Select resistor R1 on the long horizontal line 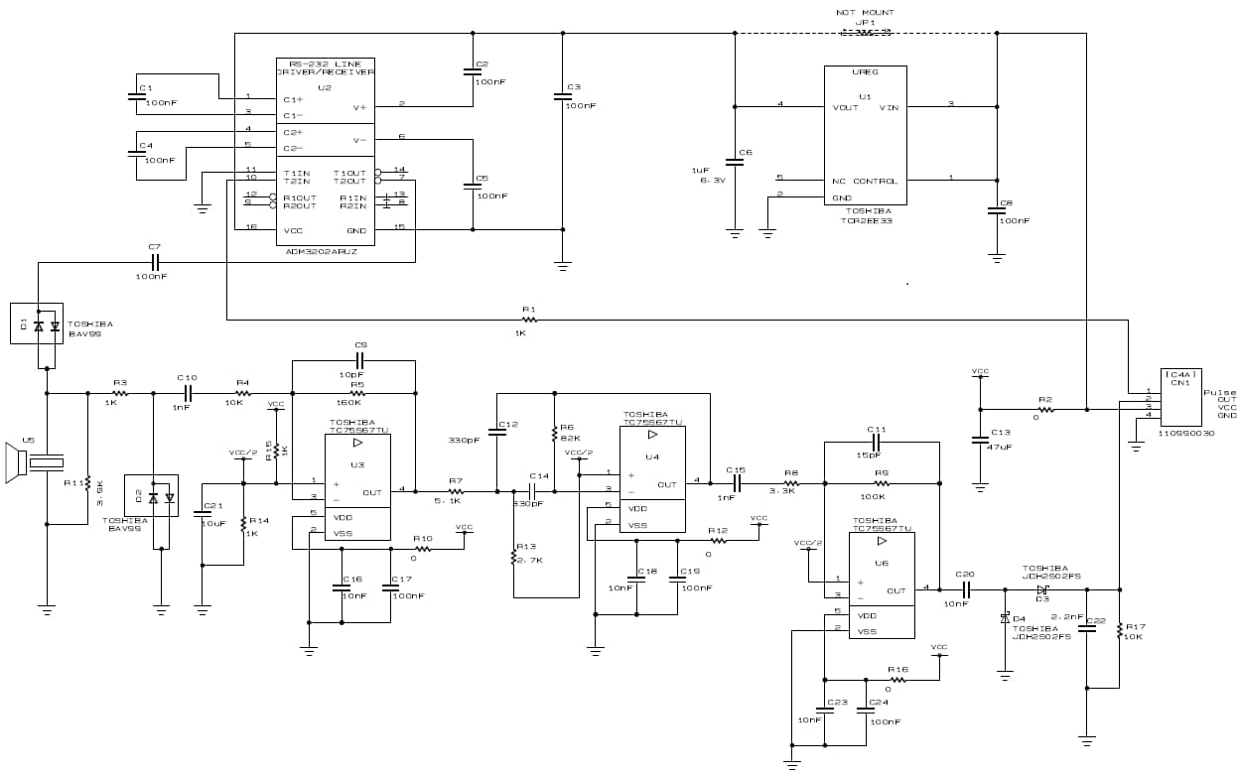click(x=529, y=320)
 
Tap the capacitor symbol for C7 click(x=154, y=262)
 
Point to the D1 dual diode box click(x=37, y=324)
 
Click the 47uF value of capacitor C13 click(x=1000, y=447)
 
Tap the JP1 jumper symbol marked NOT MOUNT click(x=865, y=32)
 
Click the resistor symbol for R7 click(x=456, y=491)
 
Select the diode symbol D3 click(x=1042, y=589)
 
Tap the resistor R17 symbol click(x=1120, y=629)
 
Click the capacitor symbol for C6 click(x=735, y=163)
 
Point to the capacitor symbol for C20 click(x=964, y=589)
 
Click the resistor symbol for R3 click(x=120, y=393)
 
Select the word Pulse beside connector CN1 click(x=1219, y=392)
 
